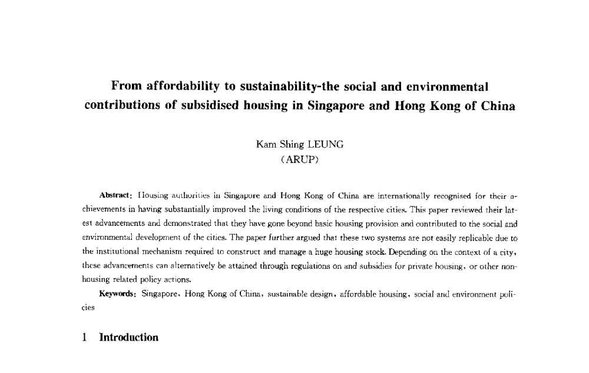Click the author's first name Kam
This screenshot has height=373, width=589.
[x=266, y=143]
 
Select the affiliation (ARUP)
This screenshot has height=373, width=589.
[x=299, y=159]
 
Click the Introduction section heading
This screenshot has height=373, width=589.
[x=128, y=337]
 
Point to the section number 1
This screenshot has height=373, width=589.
[x=85, y=337]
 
